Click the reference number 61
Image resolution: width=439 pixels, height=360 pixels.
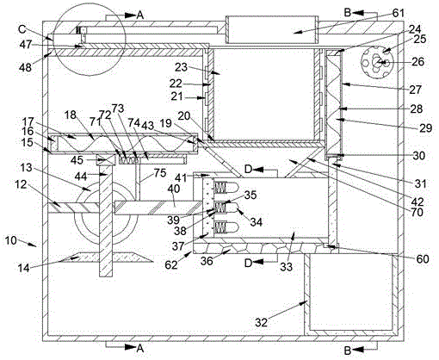(398, 13)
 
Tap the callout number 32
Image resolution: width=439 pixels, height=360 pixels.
(261, 322)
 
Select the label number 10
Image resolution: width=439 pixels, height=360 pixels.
(11, 240)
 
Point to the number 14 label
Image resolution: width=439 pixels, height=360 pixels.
(24, 268)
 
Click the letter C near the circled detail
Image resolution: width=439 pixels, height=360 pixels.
(22, 29)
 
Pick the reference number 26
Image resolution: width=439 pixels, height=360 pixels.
(417, 61)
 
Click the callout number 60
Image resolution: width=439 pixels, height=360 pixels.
(422, 259)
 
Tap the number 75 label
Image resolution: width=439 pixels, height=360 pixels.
(160, 173)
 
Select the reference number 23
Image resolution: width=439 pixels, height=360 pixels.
(182, 67)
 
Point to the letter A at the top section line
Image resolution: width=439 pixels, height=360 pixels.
(139, 16)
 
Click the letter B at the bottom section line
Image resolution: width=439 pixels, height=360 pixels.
(348, 351)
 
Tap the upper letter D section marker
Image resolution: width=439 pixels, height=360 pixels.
(249, 170)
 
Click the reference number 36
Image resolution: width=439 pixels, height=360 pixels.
(207, 261)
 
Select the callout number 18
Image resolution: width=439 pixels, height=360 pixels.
(71, 115)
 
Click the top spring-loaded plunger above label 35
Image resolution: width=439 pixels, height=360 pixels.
(226, 188)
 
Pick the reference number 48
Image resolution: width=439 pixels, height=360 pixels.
(26, 67)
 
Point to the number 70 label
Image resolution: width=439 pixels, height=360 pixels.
(417, 212)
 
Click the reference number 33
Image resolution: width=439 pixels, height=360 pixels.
(286, 267)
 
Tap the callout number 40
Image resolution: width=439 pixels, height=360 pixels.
(174, 189)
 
